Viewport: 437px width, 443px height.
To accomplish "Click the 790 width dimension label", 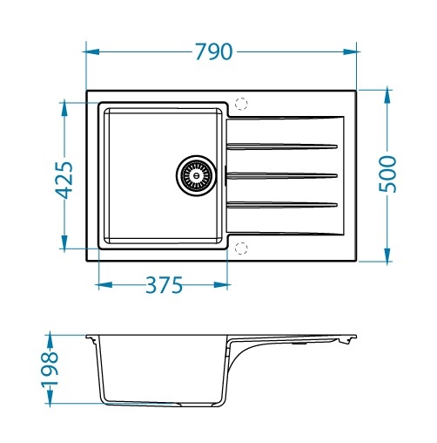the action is [x=214, y=51].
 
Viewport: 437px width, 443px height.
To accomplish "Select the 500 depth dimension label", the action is [x=387, y=174].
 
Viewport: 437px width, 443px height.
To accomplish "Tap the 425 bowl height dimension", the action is [x=64, y=180].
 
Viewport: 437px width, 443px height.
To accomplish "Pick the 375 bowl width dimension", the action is [x=164, y=285].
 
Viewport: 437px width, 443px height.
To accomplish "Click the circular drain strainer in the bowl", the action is [x=196, y=175].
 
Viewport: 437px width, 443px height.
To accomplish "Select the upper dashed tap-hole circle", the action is [x=241, y=104].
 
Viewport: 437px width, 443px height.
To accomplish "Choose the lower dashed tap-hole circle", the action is [x=241, y=249].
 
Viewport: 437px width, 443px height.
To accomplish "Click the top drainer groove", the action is [x=282, y=147].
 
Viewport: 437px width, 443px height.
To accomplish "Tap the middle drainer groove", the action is [x=282, y=175].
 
